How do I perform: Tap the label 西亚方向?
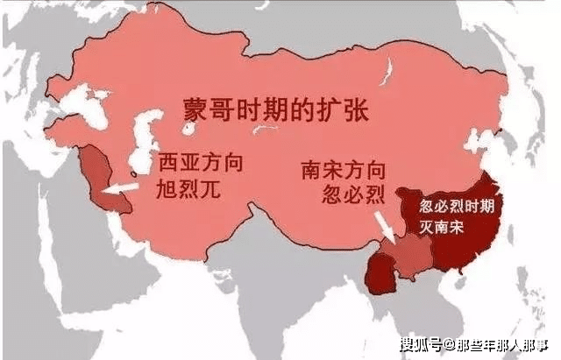[200, 164]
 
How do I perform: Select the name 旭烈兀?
[188, 189]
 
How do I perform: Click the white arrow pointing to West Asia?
[117, 188]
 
